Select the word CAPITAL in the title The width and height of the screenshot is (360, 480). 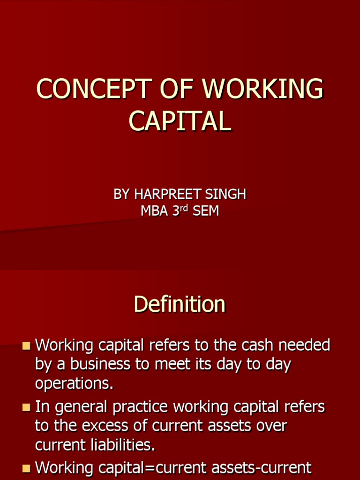tap(180, 120)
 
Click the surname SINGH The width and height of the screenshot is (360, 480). tap(225, 195)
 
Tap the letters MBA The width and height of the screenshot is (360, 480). tap(154, 211)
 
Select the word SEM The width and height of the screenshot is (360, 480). tap(205, 211)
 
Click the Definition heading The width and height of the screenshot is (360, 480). tap(180, 304)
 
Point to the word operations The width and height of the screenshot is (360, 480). tap(74, 384)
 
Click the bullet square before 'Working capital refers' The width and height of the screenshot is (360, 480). tap(26, 346)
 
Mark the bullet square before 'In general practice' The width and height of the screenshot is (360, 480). tap(26, 408)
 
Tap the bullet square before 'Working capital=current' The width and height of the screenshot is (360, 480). tap(26, 467)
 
